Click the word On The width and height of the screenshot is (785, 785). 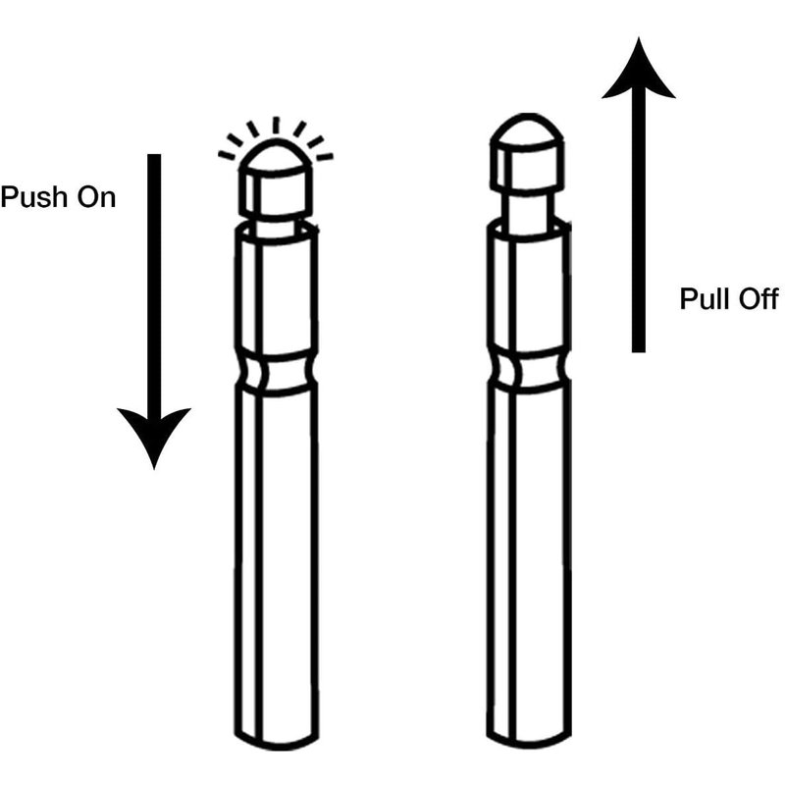(x=96, y=197)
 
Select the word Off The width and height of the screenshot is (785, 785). (x=755, y=299)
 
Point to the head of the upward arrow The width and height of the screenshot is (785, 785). (x=639, y=70)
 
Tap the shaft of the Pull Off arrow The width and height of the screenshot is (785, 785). (x=639, y=220)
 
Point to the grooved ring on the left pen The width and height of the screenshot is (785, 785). (x=277, y=372)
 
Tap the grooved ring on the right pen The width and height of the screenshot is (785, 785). (x=529, y=373)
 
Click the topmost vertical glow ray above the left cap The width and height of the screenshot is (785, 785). (x=276, y=126)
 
